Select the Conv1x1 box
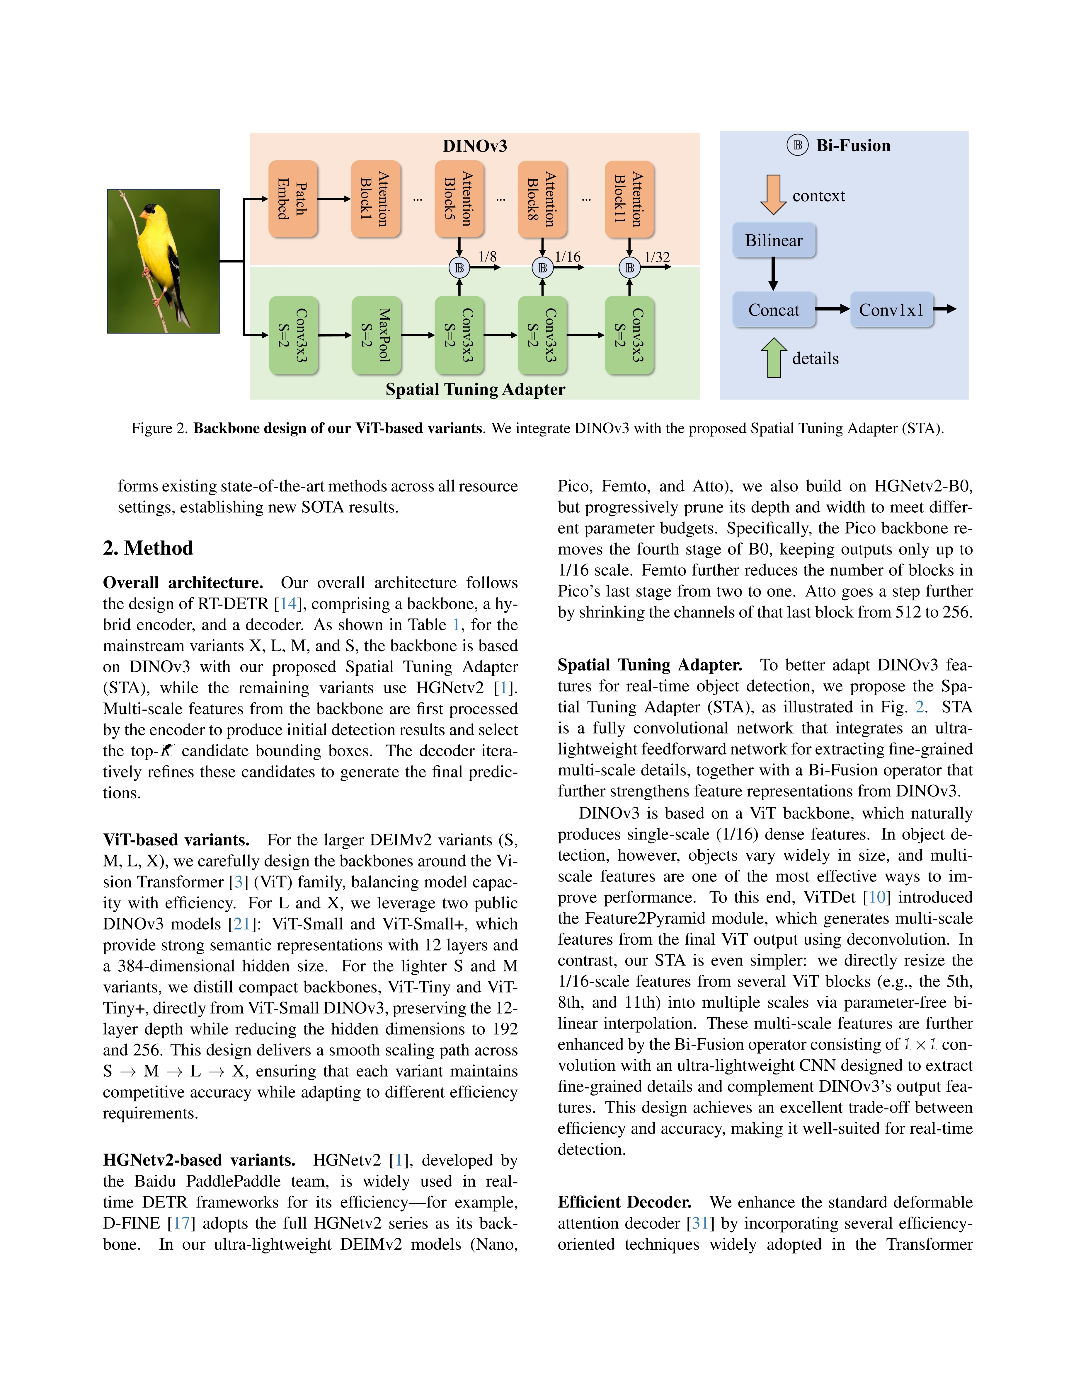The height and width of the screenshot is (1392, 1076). click(891, 310)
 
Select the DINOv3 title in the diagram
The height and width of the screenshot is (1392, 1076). click(475, 146)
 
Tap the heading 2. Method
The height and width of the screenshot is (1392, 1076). click(148, 548)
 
